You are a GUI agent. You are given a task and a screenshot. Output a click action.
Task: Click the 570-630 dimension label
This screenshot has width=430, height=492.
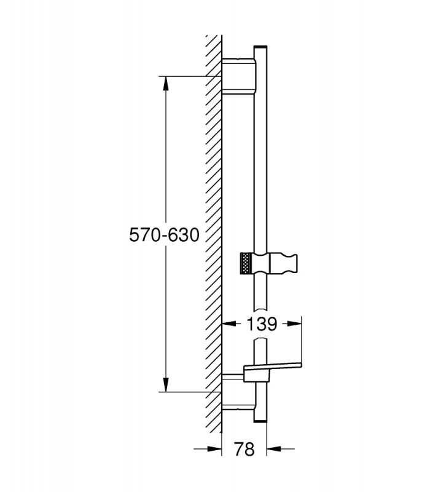tap(164, 235)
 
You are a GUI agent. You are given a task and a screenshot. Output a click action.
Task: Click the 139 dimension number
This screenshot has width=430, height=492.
tap(262, 324)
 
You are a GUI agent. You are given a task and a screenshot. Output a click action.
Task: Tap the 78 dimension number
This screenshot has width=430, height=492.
tap(244, 449)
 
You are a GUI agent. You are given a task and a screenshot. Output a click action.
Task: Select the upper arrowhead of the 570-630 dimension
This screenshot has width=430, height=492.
tap(166, 84)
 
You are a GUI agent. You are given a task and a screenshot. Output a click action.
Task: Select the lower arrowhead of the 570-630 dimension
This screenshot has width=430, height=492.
tap(166, 384)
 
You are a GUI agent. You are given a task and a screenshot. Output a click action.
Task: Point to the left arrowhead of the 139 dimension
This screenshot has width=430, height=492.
tap(229, 324)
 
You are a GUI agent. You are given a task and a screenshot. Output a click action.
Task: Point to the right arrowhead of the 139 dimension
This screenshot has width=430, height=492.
tap(294, 324)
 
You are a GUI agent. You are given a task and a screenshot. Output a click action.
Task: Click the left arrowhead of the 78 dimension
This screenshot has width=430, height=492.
tap(214, 449)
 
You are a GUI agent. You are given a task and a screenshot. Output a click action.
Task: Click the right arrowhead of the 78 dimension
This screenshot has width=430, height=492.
tap(274, 449)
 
